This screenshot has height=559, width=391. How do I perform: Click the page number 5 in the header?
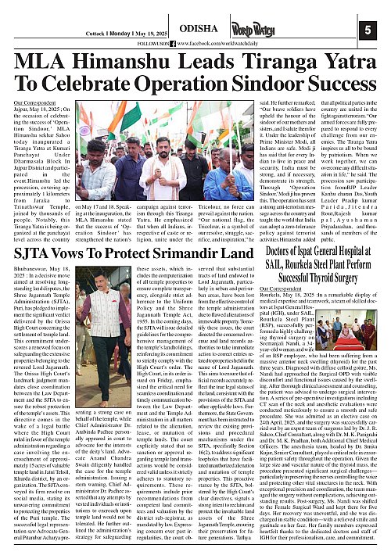click(x=368, y=30)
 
